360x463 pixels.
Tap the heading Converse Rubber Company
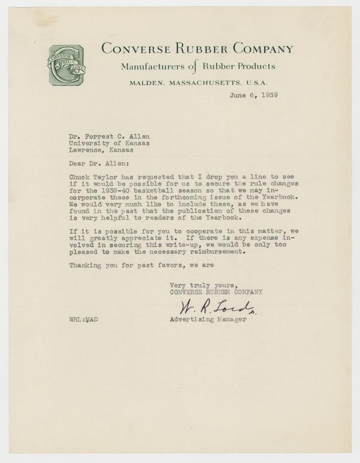197,49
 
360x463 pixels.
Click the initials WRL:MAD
83,320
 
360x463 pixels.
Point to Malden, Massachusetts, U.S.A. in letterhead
197,83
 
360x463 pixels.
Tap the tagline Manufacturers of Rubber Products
197,66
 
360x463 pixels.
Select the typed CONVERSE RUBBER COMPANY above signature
216,292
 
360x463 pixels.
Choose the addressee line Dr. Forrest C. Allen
110,135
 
